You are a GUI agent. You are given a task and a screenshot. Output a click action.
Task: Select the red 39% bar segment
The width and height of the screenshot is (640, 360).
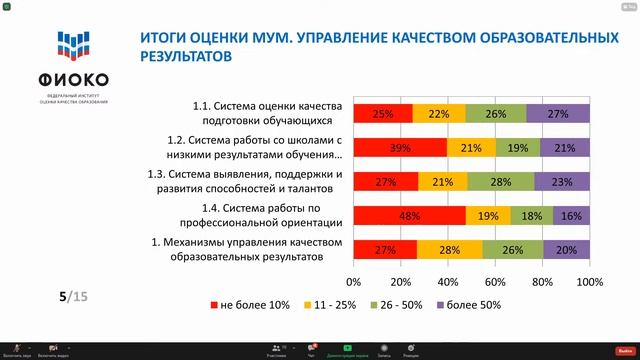[399, 148]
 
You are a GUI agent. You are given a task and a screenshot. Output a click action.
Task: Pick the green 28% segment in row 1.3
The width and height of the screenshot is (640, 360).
[500, 181]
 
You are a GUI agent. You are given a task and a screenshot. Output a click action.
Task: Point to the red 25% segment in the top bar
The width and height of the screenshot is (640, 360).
[382, 114]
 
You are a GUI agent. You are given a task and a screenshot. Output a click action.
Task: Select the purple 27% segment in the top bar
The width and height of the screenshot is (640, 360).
[558, 114]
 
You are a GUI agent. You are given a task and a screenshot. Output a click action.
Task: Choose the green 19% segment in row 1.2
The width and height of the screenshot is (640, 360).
[517, 148]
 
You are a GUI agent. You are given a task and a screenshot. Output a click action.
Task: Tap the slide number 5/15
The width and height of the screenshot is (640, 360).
[74, 296]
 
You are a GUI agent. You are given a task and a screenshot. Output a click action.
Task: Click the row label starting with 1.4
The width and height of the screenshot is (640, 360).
[269, 214]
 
